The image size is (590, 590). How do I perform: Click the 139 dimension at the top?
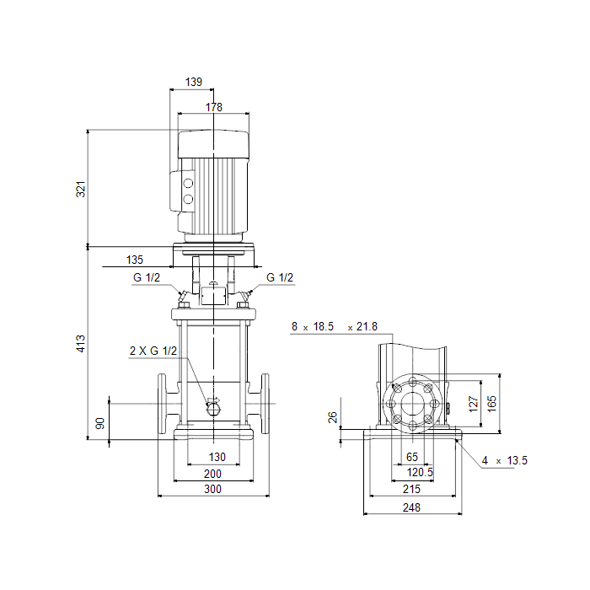coord(194,82)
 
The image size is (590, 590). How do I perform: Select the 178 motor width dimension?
coord(214,107)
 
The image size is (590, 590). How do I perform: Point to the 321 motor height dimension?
coord(81,190)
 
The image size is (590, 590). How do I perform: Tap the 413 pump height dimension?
coord(81,344)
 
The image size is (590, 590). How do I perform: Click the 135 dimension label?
coord(135,260)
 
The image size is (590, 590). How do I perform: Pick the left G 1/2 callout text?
coord(147,277)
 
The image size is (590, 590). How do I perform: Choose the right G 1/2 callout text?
coord(280,277)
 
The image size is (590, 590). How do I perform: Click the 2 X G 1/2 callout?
coord(153,351)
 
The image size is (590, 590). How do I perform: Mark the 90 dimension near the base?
coord(100,423)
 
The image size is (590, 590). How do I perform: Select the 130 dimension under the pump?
coord(217,457)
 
